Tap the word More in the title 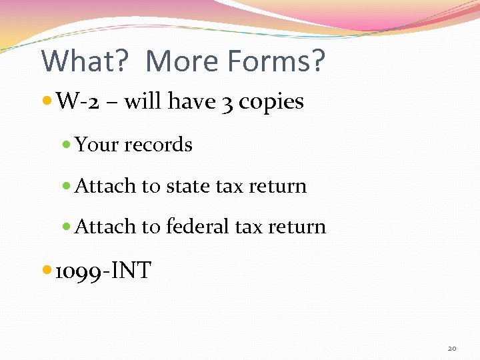(x=181, y=61)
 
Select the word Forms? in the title (x=276, y=61)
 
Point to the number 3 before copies (x=228, y=103)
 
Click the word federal (x=197, y=227)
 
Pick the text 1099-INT (x=103, y=271)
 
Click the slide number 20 (x=452, y=348)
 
